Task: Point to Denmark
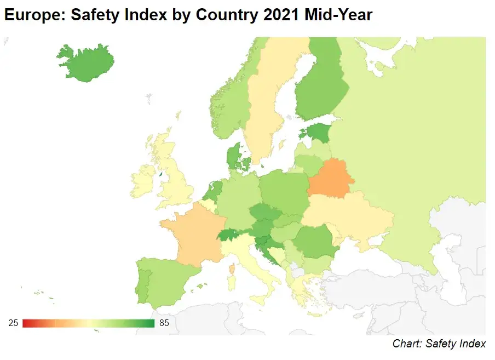click(x=235, y=156)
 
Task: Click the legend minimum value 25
click(x=13, y=323)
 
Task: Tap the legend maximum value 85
click(x=164, y=323)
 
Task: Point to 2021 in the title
click(x=277, y=15)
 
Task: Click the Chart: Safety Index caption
click(x=439, y=344)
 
